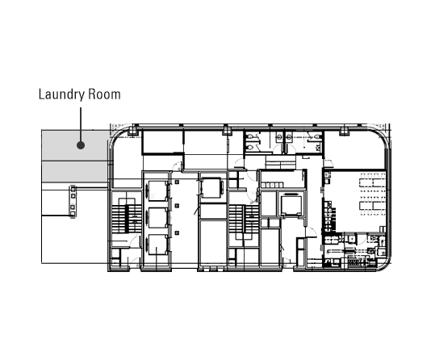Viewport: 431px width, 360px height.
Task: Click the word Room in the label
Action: (104, 94)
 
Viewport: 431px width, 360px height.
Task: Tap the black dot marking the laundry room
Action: (81, 145)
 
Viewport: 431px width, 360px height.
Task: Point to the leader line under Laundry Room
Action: (81, 124)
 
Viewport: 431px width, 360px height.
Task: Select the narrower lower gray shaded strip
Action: (74, 171)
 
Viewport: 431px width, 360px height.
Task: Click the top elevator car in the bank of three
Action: (157, 191)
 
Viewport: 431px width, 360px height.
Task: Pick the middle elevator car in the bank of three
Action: (157, 218)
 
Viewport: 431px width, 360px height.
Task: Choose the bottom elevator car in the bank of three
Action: (157, 245)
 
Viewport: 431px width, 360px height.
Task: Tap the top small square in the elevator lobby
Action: (177, 182)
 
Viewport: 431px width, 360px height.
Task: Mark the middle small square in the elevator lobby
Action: (177, 206)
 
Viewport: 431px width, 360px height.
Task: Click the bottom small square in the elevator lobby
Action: (177, 232)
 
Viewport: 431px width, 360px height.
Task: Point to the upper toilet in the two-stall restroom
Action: (249, 136)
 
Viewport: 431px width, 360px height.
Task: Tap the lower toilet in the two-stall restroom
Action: (249, 148)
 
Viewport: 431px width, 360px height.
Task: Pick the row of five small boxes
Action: (272, 185)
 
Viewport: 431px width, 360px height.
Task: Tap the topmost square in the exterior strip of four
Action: (73, 190)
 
